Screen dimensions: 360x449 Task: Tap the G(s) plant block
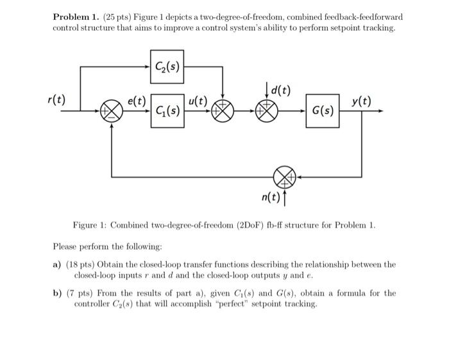pyautogui.click(x=322, y=111)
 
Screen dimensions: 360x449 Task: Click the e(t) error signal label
pyautogui.click(x=137, y=101)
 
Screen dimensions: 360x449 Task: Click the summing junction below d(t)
pyautogui.click(x=266, y=112)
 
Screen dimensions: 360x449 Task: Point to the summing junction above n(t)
pyautogui.click(x=284, y=176)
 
